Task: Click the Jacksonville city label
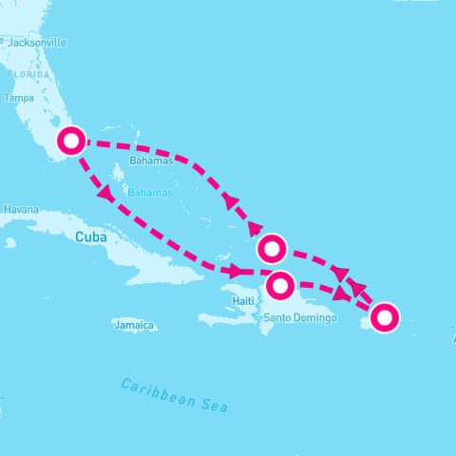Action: (x=37, y=43)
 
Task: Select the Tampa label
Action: (x=19, y=98)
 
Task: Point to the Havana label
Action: (x=20, y=209)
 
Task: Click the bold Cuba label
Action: (x=89, y=238)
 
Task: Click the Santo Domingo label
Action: (x=300, y=316)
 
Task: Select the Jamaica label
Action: (x=133, y=325)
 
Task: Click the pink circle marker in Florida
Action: (x=71, y=142)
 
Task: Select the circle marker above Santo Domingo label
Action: (x=280, y=285)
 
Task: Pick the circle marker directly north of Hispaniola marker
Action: (x=272, y=248)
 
